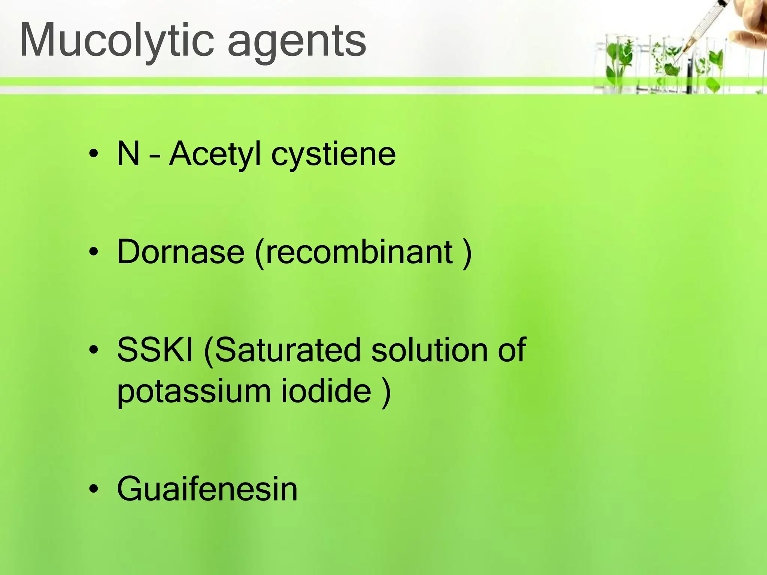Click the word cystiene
tap(333, 155)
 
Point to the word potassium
tap(194, 392)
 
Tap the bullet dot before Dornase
tap(94, 252)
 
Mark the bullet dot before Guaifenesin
tap(94, 489)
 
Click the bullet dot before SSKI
tap(94, 350)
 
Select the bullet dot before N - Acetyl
tap(94, 153)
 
